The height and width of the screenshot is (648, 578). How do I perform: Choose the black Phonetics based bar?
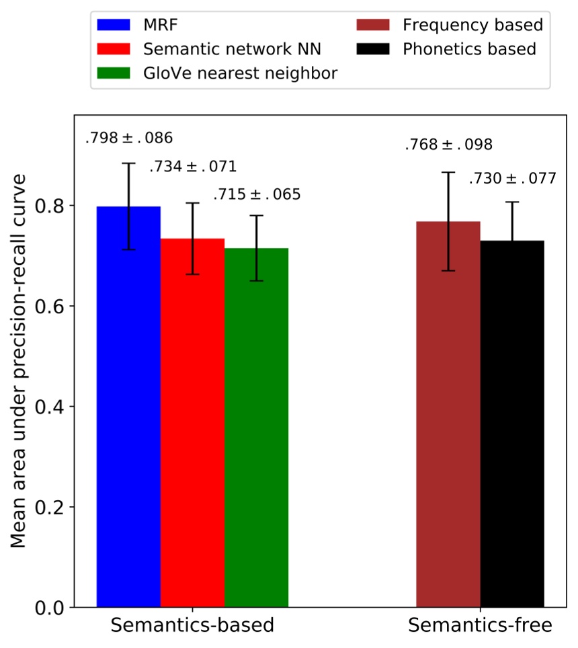[512, 423]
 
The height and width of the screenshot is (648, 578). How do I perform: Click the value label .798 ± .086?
[129, 139]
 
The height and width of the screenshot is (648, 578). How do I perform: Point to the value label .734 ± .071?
[193, 167]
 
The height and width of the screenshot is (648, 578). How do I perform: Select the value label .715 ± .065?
[257, 196]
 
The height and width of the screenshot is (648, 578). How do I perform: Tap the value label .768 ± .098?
[448, 145]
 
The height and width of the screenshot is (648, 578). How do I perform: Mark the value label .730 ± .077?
[512, 179]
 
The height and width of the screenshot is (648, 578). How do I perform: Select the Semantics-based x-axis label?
[192, 626]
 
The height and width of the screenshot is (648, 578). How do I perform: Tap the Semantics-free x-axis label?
[480, 626]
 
